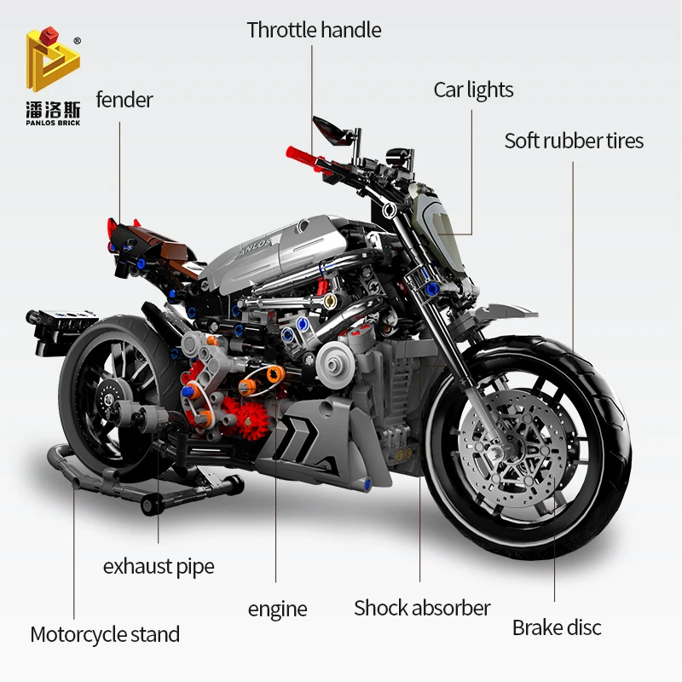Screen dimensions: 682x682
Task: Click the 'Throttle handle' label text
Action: click(x=314, y=30)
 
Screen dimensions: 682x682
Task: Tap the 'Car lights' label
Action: click(x=473, y=90)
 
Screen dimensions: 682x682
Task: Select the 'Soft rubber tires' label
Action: click(x=574, y=141)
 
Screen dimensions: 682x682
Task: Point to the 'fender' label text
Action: click(x=124, y=100)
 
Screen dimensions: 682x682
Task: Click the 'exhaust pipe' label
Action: click(x=159, y=567)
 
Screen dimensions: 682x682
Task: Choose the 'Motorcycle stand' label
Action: click(x=105, y=634)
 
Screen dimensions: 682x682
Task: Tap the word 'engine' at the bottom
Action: click(x=278, y=610)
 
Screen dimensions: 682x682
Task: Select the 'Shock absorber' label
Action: click(x=422, y=608)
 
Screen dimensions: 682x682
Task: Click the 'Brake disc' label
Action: click(x=557, y=627)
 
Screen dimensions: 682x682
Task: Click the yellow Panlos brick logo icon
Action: click(x=53, y=59)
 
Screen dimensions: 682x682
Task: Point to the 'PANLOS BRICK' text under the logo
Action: click(x=53, y=123)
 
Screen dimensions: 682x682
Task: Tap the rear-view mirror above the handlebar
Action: click(x=329, y=129)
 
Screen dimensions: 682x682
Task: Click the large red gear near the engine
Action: click(x=251, y=419)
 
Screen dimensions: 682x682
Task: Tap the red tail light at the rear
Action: click(x=113, y=229)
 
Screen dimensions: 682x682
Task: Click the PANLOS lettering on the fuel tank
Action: click(x=257, y=248)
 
